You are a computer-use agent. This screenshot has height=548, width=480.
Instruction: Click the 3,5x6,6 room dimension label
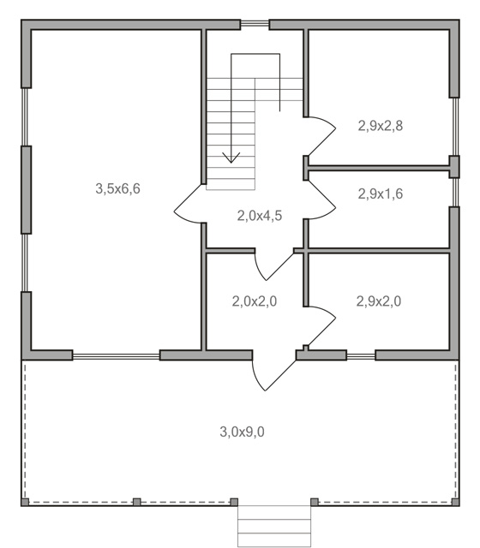[118, 188]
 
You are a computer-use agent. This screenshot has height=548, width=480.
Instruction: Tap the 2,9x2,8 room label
[381, 126]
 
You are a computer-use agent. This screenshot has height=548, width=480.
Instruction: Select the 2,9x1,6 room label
[381, 194]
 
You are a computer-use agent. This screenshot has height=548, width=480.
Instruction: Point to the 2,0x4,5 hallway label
[259, 216]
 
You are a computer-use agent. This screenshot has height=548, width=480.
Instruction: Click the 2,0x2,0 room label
[255, 301]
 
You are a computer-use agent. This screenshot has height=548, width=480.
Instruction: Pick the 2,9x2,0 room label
[379, 301]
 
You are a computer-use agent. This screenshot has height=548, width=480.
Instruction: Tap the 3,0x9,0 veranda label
[242, 432]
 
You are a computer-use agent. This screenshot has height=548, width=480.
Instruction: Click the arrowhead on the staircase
[231, 158]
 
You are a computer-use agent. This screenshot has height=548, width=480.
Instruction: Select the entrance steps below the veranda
[274, 527]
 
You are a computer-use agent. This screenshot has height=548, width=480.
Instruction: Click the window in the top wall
[255, 24]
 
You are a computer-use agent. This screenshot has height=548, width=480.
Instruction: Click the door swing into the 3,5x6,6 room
[189, 204]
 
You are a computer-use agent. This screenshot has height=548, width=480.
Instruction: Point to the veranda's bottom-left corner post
[25, 503]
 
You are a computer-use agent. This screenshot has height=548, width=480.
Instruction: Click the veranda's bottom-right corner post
[455, 503]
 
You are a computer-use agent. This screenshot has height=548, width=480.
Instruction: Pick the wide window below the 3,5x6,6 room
[117, 356]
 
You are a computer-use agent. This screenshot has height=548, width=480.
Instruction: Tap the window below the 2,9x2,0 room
[361, 356]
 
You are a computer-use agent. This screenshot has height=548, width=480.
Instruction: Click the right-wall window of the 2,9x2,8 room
[455, 127]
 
